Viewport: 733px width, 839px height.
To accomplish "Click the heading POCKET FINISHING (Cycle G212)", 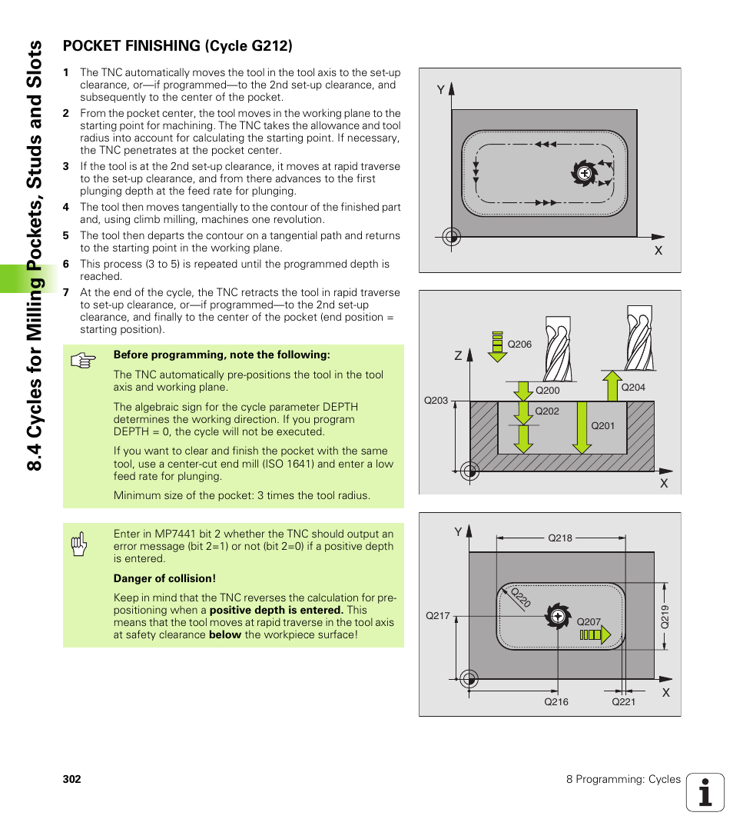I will (177, 46).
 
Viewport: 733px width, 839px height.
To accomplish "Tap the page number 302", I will (71, 779).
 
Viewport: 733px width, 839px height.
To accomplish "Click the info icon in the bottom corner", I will (705, 792).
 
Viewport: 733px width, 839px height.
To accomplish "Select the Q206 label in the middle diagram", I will (519, 345).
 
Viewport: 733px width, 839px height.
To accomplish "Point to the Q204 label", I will (632, 388).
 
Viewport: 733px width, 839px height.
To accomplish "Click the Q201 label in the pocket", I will (602, 425).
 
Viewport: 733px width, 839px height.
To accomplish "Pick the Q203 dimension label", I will (436, 401).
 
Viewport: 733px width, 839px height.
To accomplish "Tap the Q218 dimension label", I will (559, 538).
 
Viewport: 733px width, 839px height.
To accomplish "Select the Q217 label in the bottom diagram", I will (437, 615).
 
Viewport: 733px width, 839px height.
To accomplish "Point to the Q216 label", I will (556, 701).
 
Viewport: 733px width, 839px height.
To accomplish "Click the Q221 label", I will (623, 701).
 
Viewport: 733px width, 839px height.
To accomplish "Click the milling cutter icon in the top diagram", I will (584, 173).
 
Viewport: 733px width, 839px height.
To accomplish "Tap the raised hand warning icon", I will (79, 544).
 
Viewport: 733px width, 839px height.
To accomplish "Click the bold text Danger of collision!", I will (164, 578).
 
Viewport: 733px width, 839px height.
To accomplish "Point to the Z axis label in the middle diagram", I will (458, 356).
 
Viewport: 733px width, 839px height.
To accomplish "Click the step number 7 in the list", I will (66, 292).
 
